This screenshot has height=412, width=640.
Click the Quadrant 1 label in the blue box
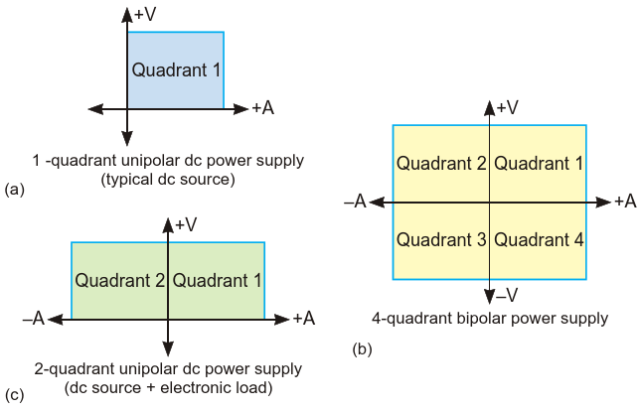[x=176, y=70]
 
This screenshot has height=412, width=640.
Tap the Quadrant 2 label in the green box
[x=119, y=280]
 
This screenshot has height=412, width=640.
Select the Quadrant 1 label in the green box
[x=218, y=280]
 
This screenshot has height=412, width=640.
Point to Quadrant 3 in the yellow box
[x=440, y=239]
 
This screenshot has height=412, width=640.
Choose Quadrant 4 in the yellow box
[x=539, y=239]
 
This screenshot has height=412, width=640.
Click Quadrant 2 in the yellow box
[x=440, y=163]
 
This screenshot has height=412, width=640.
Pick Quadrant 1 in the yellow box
[x=539, y=163]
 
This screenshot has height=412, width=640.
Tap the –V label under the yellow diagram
[x=507, y=295]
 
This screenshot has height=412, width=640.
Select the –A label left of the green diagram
[x=34, y=319]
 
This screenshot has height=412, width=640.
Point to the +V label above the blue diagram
[x=145, y=16]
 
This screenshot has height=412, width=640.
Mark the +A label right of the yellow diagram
[x=624, y=202]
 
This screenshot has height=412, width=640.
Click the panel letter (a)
[x=14, y=188]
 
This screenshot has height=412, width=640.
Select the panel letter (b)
[x=362, y=349]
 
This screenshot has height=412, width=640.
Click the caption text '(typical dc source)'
[x=168, y=179]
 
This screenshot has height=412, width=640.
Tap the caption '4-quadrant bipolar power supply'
[x=490, y=319]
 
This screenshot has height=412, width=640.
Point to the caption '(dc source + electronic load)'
[x=168, y=387]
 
